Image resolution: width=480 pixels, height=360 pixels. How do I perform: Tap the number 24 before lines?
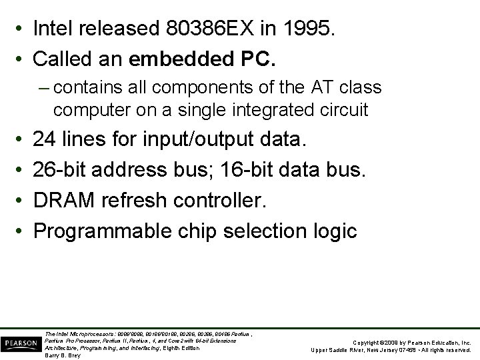tap(45, 139)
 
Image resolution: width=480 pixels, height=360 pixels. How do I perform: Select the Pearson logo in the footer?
tap(21, 343)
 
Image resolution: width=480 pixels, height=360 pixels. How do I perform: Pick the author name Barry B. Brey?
tap(62, 355)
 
